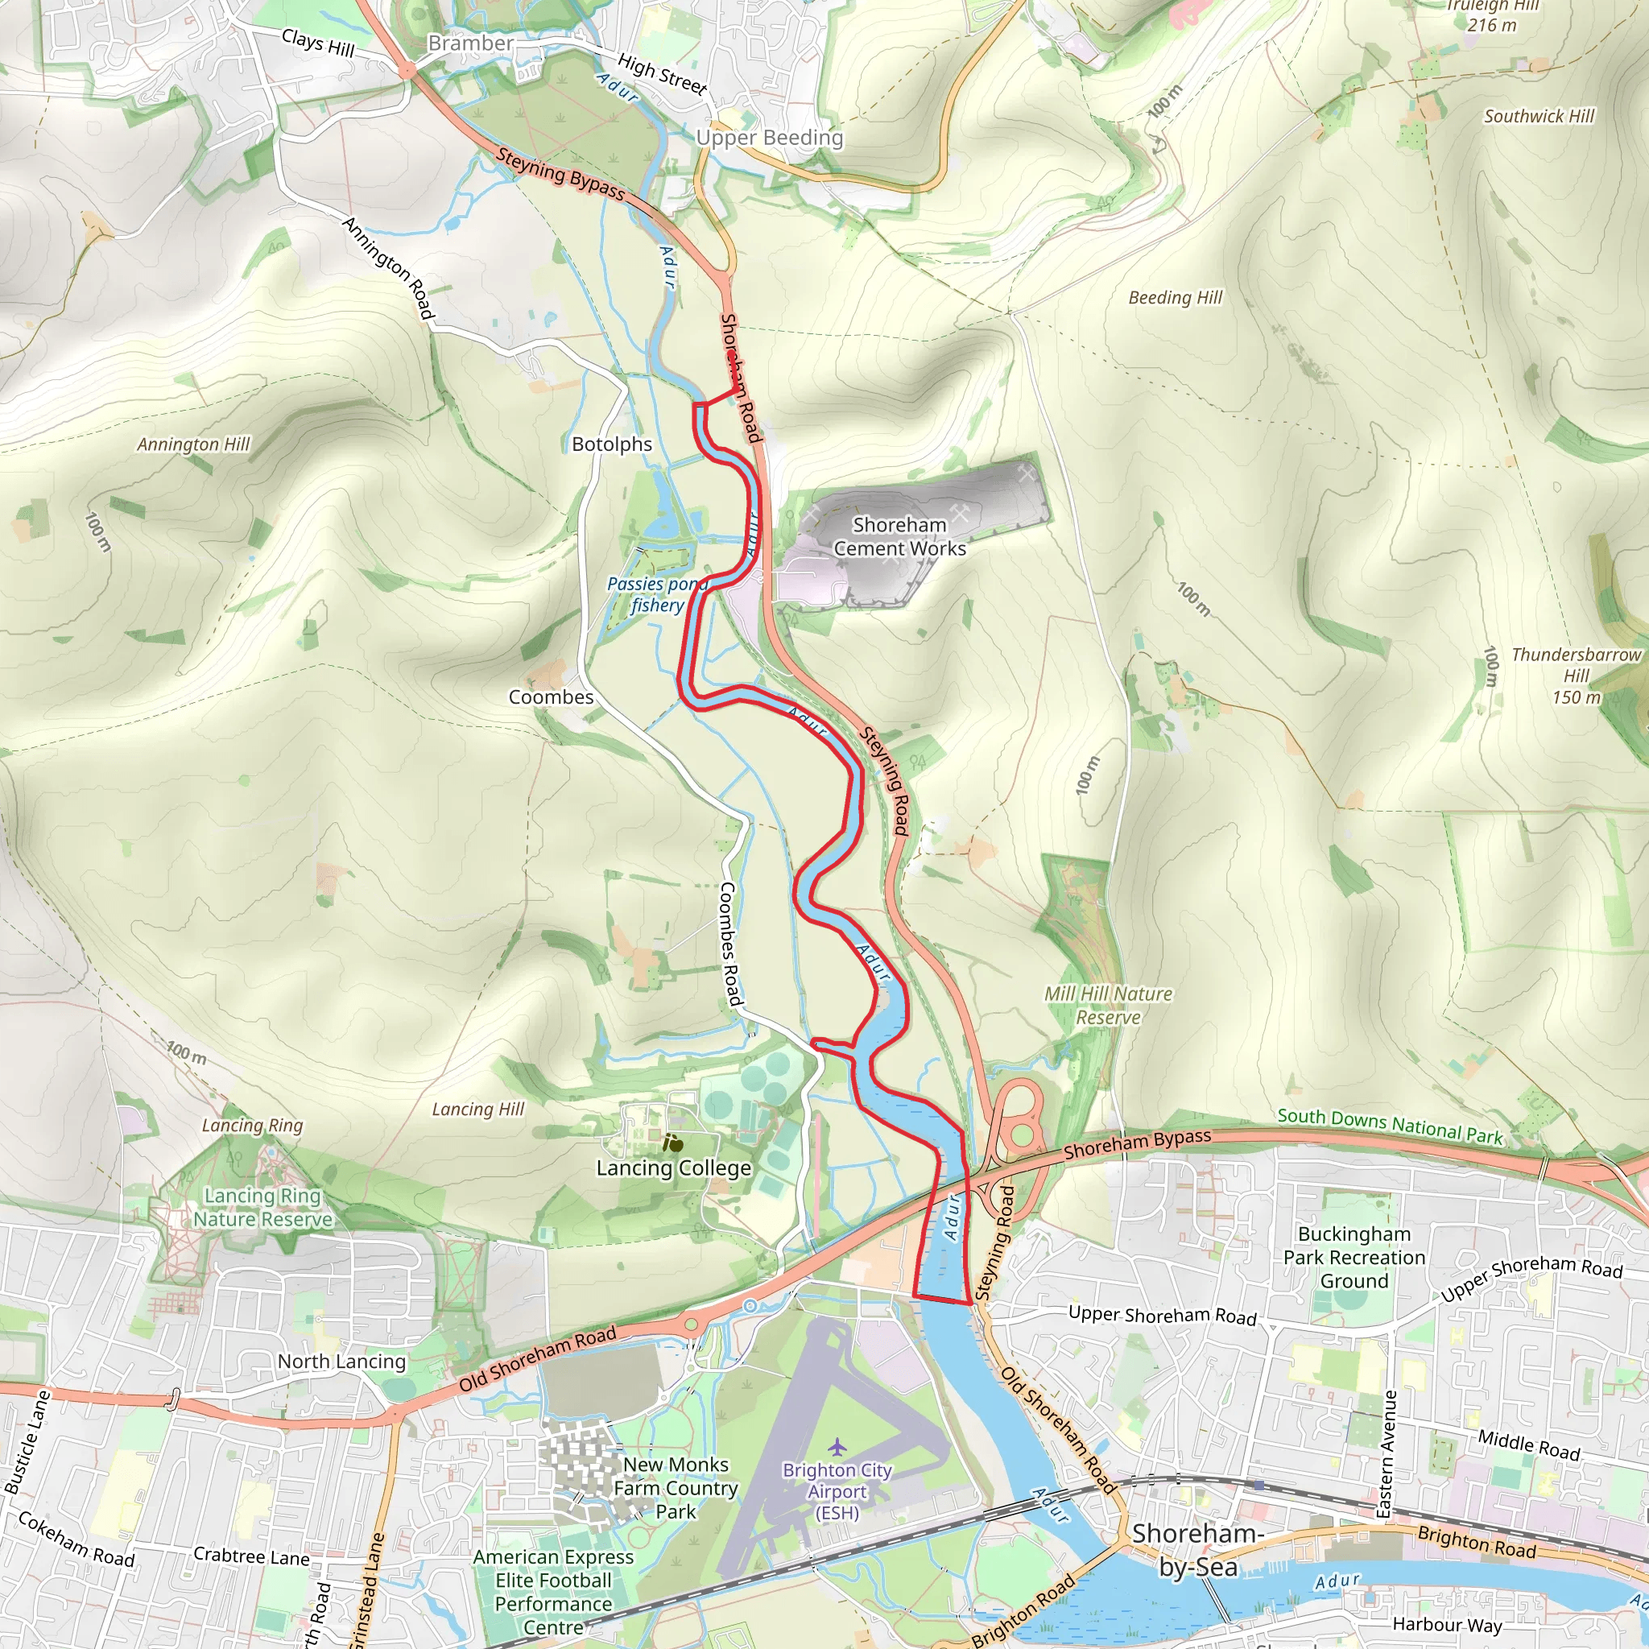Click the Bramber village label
(470, 43)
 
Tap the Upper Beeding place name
(769, 138)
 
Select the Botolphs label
(611, 444)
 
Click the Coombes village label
(551, 697)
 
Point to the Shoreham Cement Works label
(899, 537)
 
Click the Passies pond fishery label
(657, 594)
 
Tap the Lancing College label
(673, 1168)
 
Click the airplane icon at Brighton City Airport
(837, 1447)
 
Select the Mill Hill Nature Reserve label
(1108, 1006)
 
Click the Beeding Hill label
(1175, 298)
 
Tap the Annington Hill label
(193, 444)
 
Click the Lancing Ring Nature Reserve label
(262, 1208)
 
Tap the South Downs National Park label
(1390, 1126)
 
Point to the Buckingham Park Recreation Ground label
(1354, 1257)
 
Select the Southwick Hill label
(1538, 117)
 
